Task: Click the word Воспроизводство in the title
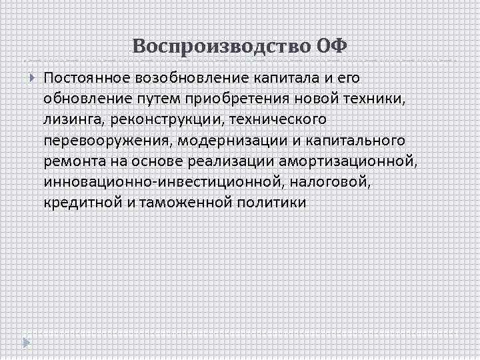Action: point(219,46)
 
